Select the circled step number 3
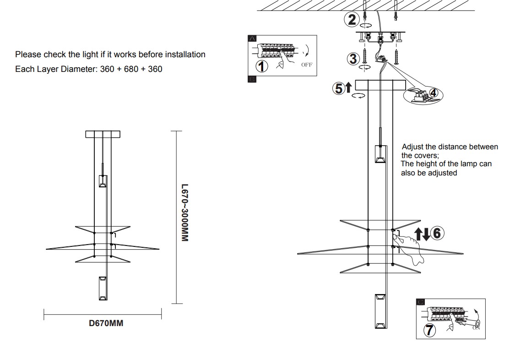(353, 59)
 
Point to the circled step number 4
(434, 93)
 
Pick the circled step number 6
(436, 233)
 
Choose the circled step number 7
(429, 329)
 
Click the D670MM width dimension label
(106, 323)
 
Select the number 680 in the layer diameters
(130, 69)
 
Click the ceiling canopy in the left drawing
(103, 134)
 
